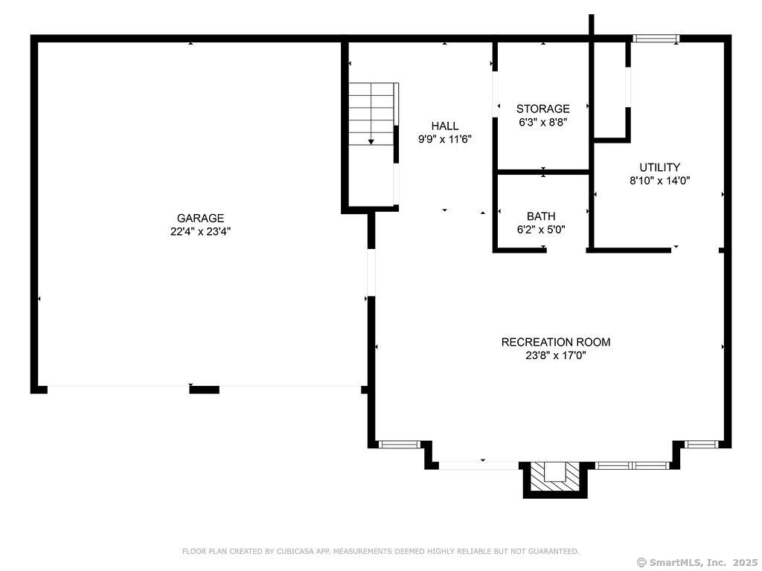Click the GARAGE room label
coord(200,219)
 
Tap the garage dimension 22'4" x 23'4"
coord(200,232)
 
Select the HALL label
coord(445,126)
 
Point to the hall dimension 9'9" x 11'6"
coord(445,139)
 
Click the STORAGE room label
coord(542,109)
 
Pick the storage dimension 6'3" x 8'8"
coord(542,122)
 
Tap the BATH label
coord(541,216)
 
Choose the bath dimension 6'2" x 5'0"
coord(541,229)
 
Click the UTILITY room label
coord(659,167)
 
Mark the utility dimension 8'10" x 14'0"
coord(659,181)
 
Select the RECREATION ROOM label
coord(555,342)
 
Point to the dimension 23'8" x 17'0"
coord(555,355)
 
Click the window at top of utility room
coord(656,39)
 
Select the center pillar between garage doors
coord(204,390)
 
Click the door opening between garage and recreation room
coord(371,272)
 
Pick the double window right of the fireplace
coord(633,465)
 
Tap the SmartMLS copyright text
coord(697,563)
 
